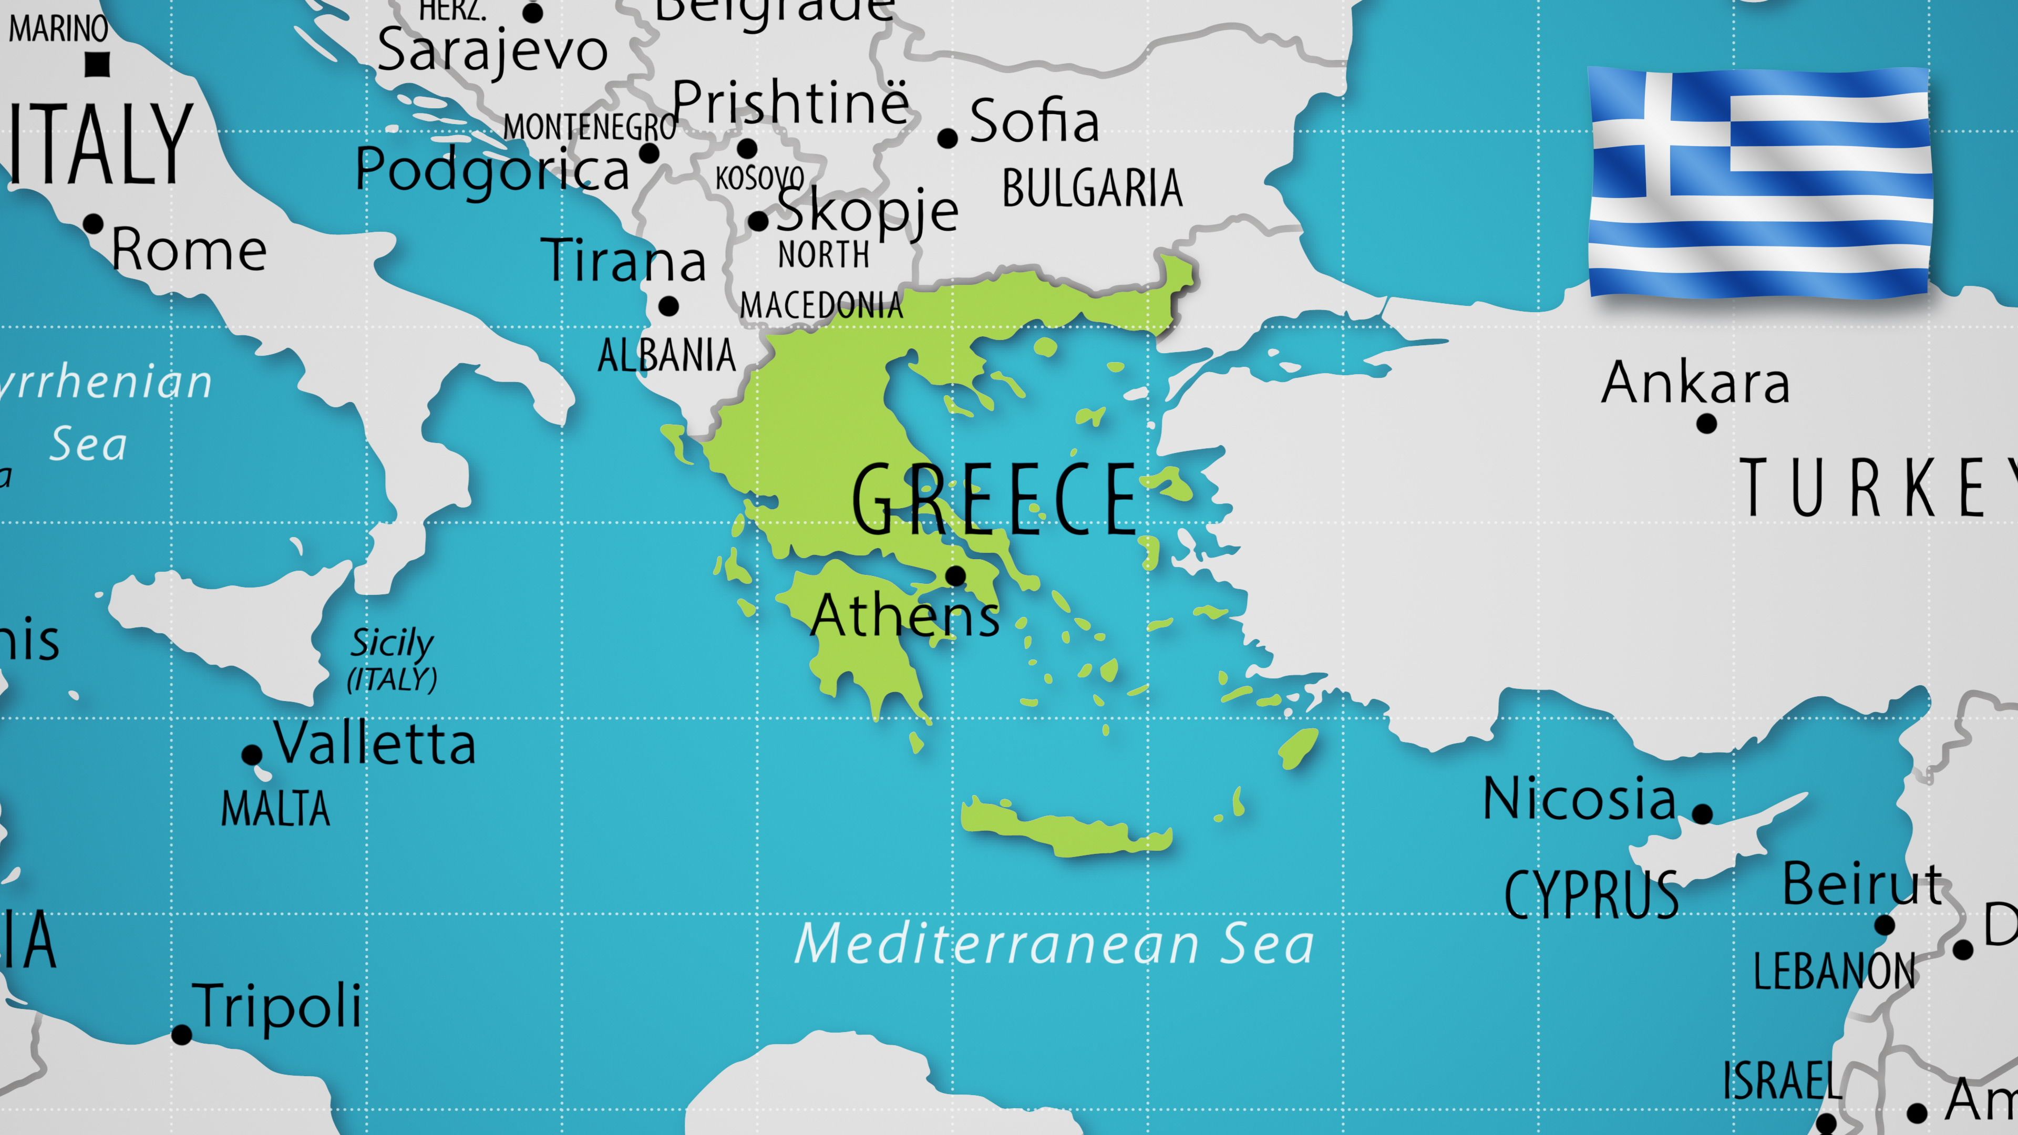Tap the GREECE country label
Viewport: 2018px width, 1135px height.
[x=995, y=499]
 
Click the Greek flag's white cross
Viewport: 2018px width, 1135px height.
[x=1657, y=133]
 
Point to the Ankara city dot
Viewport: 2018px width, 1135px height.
[x=1707, y=424]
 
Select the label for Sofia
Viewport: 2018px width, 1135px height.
[x=1034, y=121]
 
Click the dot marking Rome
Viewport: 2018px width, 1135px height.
[x=93, y=224]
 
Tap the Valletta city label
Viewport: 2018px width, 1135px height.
[x=375, y=742]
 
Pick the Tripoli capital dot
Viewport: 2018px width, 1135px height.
[x=182, y=1035]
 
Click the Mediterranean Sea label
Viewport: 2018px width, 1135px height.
[x=1054, y=944]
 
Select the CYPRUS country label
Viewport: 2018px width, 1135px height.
[x=1591, y=894]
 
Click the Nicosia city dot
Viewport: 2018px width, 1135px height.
[x=1702, y=814]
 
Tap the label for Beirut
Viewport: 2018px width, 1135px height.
[x=1862, y=883]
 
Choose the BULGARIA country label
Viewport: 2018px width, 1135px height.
[x=1092, y=189]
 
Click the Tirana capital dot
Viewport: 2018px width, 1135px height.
[x=668, y=306]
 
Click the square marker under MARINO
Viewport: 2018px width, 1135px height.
[x=97, y=64]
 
